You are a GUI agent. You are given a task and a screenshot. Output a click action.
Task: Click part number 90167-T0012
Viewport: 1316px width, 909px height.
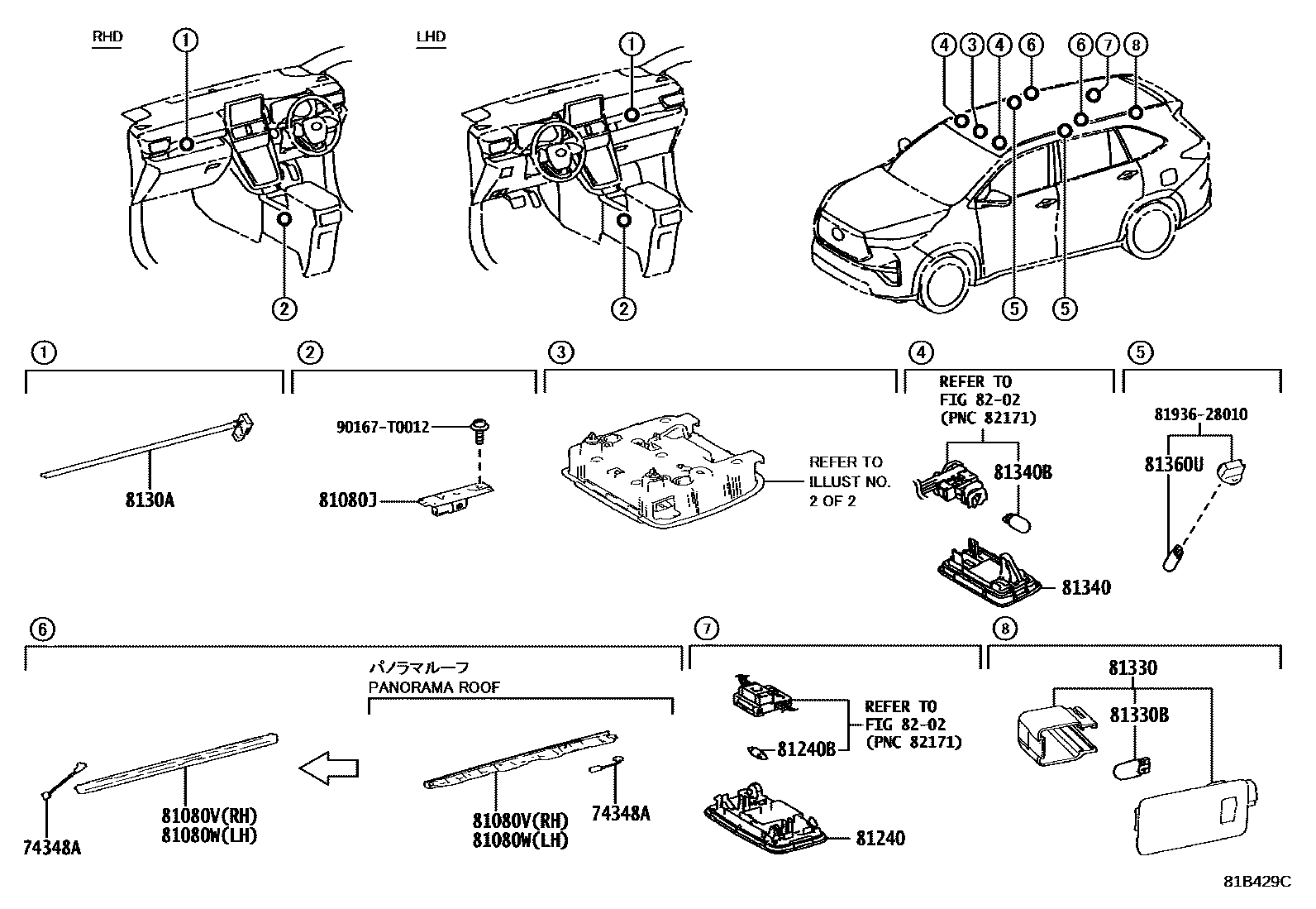tap(383, 427)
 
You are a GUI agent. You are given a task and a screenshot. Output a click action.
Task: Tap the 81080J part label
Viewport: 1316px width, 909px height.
tap(347, 500)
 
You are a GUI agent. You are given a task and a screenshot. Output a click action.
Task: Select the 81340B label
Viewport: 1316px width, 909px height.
tap(1022, 472)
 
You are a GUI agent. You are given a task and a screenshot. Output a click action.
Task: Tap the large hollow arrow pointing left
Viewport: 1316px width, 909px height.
tap(329, 769)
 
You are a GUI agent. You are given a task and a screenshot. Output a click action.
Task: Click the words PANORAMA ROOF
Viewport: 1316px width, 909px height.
tap(434, 687)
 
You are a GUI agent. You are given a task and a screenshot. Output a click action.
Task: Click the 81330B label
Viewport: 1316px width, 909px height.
tap(1138, 715)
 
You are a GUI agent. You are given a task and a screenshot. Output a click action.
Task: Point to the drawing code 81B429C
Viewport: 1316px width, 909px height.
tap(1256, 881)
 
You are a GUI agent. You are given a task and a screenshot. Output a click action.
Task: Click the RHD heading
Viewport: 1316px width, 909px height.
tap(106, 36)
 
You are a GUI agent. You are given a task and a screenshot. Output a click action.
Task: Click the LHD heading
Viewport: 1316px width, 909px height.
tap(431, 36)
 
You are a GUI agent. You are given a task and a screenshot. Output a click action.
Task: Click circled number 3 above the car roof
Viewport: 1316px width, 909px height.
tap(973, 45)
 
